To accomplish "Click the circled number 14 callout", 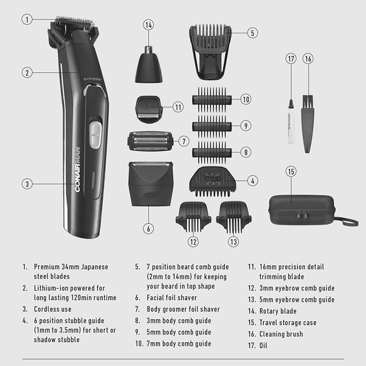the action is (x=149, y=25).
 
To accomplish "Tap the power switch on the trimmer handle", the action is (x=96, y=135).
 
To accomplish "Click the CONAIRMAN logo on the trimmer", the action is (x=77, y=170).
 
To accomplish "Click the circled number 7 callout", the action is (x=184, y=141).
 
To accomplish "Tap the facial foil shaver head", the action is (x=151, y=184).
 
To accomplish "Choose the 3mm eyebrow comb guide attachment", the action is (x=193, y=217).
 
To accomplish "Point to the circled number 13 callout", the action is (x=233, y=242).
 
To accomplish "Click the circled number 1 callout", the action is (x=27, y=19).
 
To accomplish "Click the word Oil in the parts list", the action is (x=264, y=345).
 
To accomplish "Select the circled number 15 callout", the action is (x=291, y=172).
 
